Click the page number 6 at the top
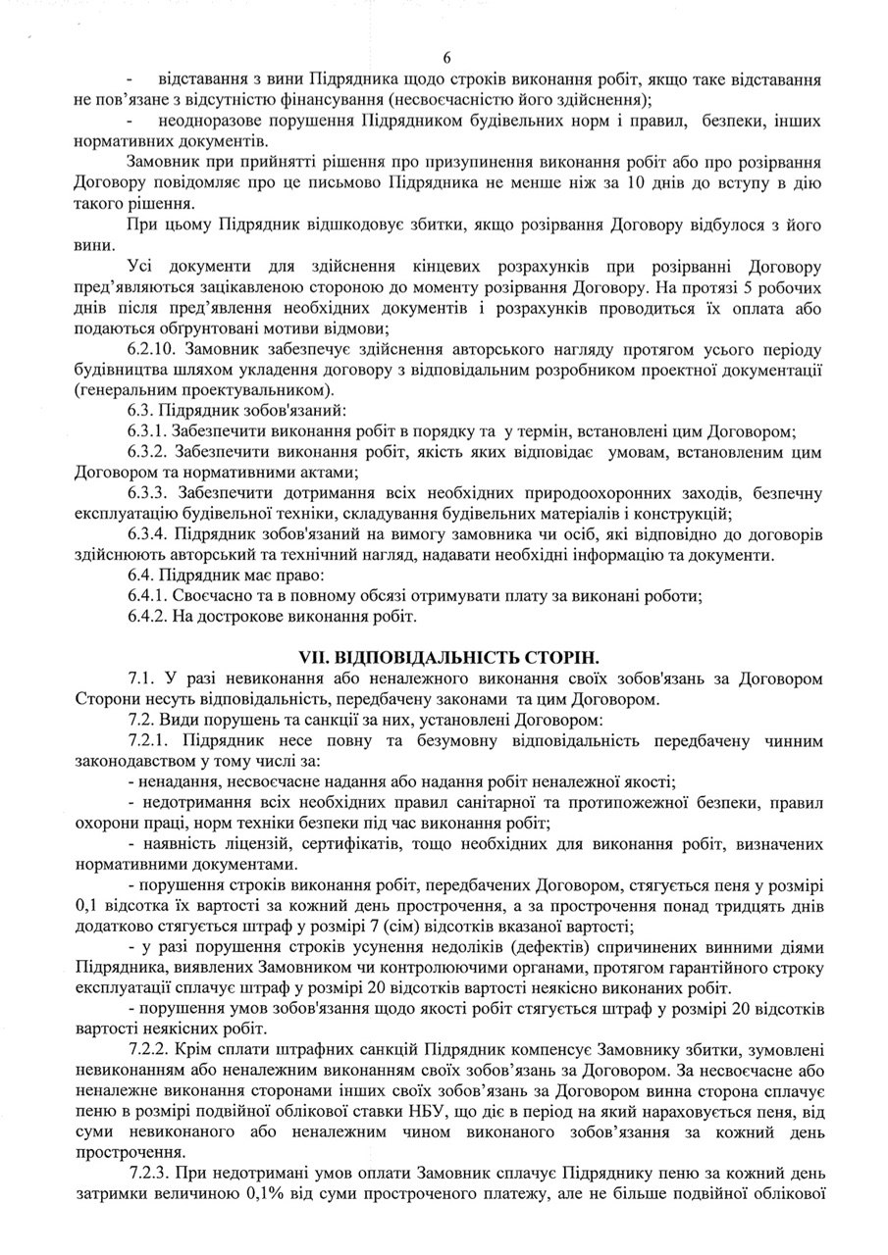446,59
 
